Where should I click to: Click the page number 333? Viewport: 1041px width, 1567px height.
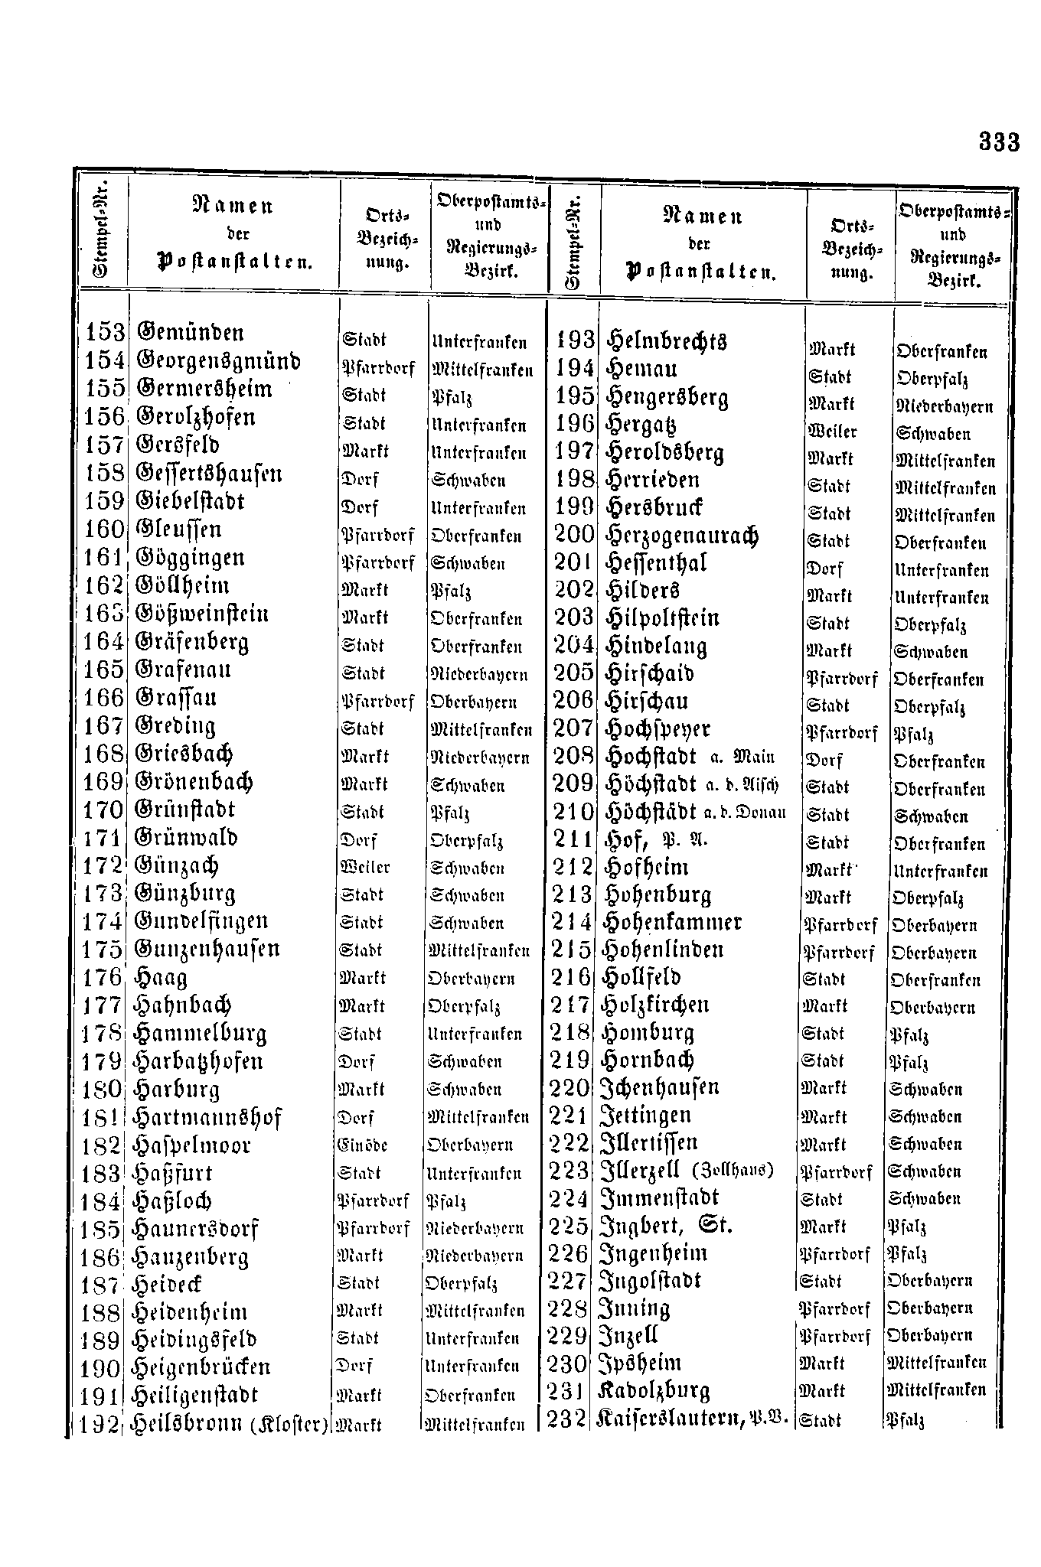click(999, 142)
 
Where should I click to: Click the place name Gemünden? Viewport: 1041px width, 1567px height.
click(190, 334)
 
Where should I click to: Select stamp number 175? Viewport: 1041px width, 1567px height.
click(103, 950)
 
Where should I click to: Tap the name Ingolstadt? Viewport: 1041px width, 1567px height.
click(652, 1280)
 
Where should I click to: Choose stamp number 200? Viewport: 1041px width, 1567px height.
click(574, 534)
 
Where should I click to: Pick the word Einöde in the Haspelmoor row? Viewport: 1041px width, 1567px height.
click(362, 1145)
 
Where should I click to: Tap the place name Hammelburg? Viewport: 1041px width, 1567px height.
click(200, 1034)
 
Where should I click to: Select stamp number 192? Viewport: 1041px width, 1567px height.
click(101, 1425)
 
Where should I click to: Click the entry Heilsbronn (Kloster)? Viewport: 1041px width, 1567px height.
click(230, 1425)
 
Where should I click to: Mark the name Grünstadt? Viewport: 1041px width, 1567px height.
click(185, 810)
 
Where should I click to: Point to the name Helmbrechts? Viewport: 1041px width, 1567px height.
click(666, 341)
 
